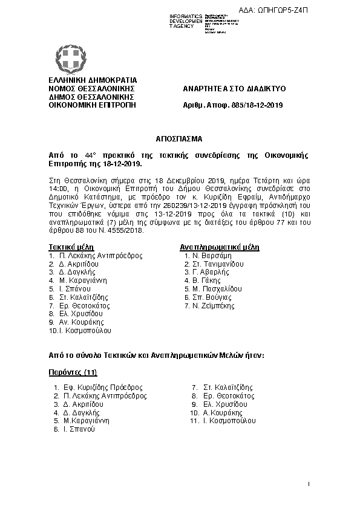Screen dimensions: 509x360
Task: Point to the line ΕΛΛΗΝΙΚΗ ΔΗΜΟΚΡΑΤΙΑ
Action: [x=93, y=80]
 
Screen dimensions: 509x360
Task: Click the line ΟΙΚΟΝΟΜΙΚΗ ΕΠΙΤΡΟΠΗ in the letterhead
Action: [x=92, y=105]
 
